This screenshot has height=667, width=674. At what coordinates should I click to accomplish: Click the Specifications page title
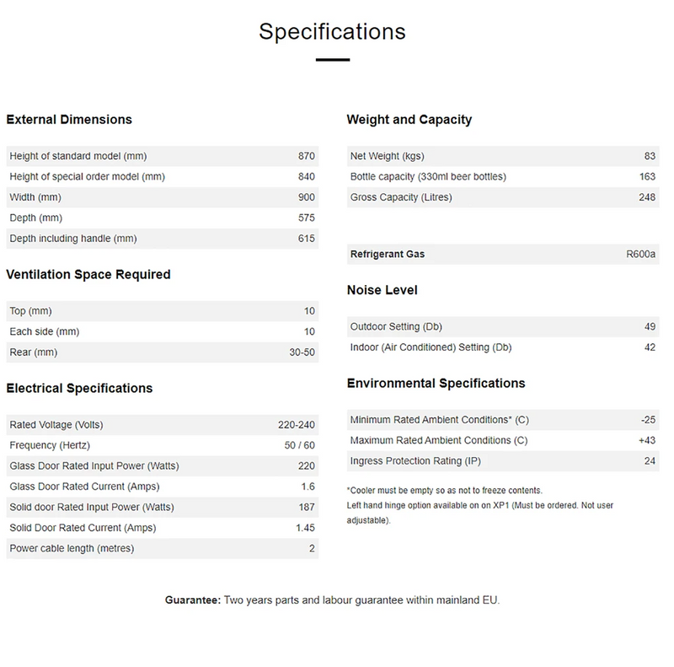pos(332,32)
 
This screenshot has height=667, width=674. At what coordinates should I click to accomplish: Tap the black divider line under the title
pos(332,60)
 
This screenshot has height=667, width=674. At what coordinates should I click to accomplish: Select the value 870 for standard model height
pos(306,156)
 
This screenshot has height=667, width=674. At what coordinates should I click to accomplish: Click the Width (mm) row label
pos(35,197)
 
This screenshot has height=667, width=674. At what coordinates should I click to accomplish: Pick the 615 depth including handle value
pos(306,239)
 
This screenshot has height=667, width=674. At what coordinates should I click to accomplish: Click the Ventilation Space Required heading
pos(88,274)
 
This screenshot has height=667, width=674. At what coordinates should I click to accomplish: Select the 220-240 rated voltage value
pos(296,424)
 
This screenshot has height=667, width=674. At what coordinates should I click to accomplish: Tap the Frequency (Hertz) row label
pos(50,445)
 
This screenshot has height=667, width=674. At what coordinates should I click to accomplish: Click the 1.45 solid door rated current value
pos(304,528)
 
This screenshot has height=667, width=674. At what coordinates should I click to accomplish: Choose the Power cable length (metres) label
pos(72,549)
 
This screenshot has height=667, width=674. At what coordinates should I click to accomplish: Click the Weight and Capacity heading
pos(409,120)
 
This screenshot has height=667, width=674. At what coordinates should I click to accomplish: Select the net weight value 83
pos(650,156)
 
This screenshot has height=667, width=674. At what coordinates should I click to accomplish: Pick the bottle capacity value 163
pos(646,177)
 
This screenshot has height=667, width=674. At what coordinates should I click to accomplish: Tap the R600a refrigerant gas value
pos(641,255)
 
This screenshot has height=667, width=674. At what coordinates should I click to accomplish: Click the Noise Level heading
pos(382,290)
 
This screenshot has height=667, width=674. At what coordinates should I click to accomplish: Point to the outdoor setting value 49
pos(650,326)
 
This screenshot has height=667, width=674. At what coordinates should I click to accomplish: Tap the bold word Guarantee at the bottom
pos(193,600)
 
